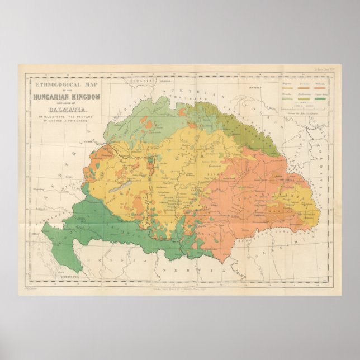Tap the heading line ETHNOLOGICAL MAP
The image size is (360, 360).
65,84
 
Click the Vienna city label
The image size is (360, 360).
104,143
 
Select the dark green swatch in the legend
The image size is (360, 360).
320,99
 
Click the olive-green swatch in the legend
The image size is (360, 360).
304,99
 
